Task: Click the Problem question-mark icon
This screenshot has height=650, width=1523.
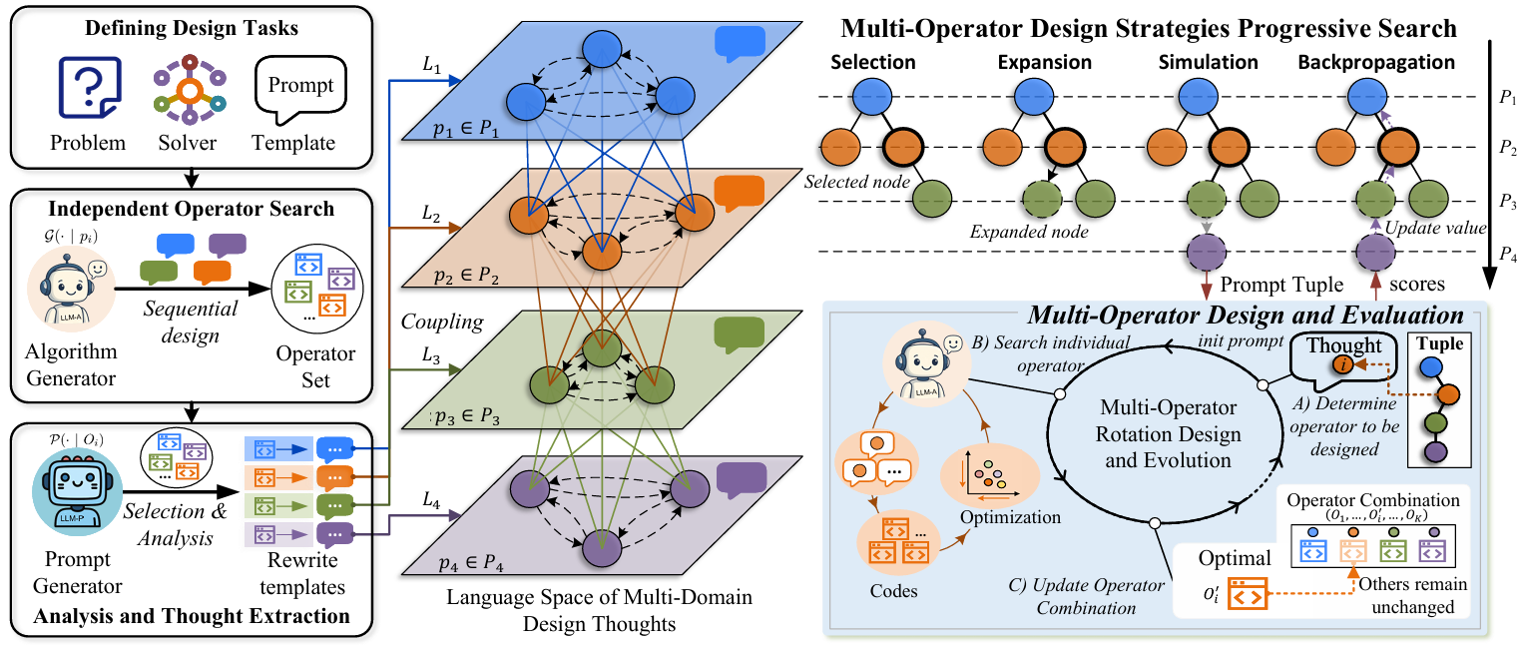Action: click(90, 88)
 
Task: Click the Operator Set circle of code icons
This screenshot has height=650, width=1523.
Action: click(317, 289)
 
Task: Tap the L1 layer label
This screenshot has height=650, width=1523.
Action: click(432, 65)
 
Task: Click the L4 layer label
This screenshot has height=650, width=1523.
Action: click(431, 501)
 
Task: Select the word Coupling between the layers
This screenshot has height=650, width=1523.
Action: click(442, 321)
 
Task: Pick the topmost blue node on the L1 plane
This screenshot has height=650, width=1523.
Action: click(602, 49)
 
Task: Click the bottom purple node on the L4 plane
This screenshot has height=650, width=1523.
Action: click(602, 548)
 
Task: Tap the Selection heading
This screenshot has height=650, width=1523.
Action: click(873, 63)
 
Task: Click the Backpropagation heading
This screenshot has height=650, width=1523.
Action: click(1376, 63)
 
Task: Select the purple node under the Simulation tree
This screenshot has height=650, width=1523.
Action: click(1207, 252)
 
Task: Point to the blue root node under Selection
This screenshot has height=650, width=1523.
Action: click(871, 97)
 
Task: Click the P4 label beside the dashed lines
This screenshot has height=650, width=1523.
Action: click(1508, 255)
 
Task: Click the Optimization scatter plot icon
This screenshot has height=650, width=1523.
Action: click(990, 475)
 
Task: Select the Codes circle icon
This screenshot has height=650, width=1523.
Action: click(898, 543)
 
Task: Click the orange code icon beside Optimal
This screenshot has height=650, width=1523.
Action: click(1248, 593)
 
